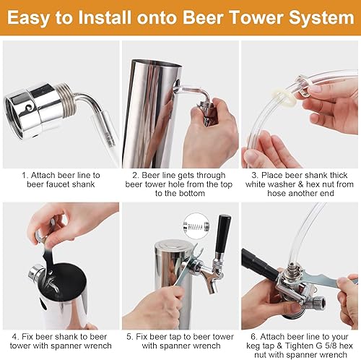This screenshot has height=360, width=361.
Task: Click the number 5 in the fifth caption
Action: pyautogui.click(x=130, y=336)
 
